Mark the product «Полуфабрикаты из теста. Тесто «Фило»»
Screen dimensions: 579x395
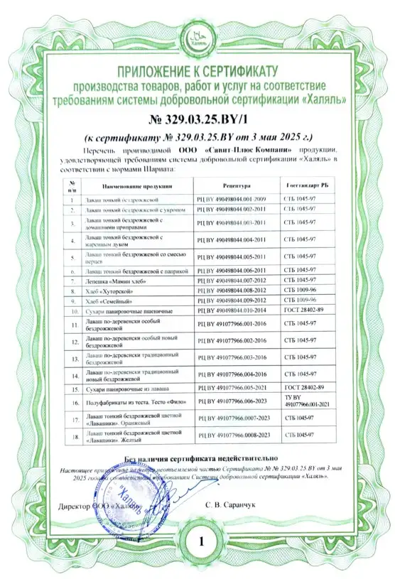pos(135,401)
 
